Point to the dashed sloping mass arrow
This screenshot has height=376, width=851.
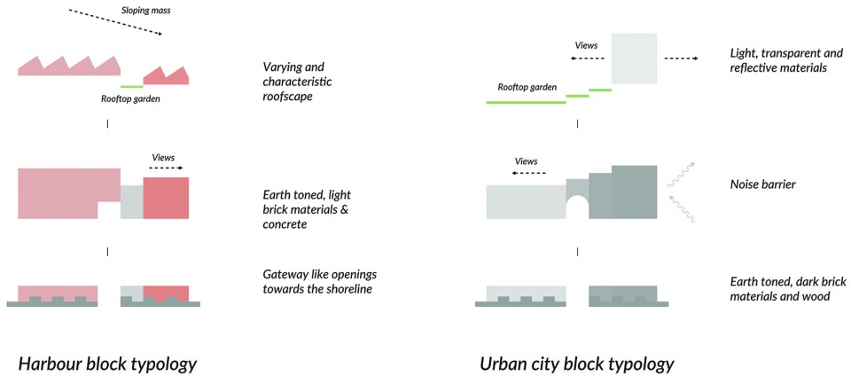point(115,23)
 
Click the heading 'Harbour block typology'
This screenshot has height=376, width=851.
point(107,364)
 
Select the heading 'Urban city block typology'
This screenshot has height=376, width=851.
point(577,364)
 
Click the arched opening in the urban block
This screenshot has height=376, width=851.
point(577,207)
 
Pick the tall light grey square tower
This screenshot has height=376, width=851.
point(634,58)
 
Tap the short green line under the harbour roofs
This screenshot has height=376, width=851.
point(131,86)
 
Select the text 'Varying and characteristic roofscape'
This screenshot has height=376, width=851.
point(295,82)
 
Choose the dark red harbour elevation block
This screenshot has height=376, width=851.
point(166,197)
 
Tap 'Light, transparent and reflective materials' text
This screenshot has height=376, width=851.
point(777,60)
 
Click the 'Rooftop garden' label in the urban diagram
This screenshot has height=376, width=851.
point(527,87)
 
